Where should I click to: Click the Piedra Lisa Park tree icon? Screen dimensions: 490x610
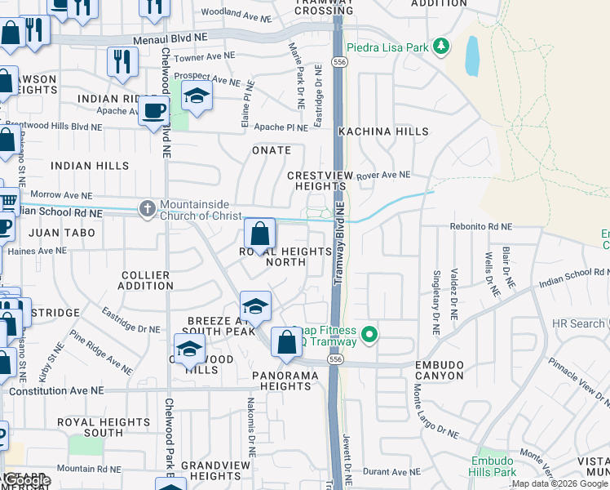(x=441, y=46)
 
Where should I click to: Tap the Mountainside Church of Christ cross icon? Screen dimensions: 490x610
(x=147, y=209)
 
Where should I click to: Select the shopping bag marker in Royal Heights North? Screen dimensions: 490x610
(x=259, y=235)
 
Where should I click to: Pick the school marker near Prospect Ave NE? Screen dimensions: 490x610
(x=197, y=96)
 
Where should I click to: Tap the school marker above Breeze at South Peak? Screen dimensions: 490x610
(x=256, y=307)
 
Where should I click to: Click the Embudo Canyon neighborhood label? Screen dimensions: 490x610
(x=427, y=370)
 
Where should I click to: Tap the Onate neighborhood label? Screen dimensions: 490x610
(x=272, y=150)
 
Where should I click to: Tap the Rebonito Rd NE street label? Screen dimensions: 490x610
(x=481, y=227)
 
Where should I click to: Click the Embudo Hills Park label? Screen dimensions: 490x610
(x=493, y=466)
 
